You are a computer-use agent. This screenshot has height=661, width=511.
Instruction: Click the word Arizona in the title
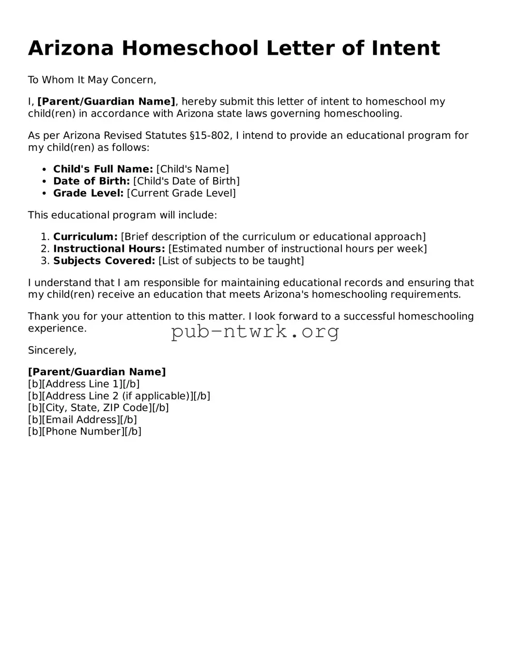click(71, 48)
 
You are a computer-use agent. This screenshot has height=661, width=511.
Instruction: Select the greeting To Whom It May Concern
click(92, 80)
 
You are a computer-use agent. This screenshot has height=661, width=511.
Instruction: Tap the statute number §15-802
click(210, 136)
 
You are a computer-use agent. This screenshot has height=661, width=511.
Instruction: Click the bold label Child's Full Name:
click(103, 169)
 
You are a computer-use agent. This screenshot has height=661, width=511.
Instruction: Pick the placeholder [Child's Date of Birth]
click(186, 181)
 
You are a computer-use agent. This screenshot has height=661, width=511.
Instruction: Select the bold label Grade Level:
click(88, 193)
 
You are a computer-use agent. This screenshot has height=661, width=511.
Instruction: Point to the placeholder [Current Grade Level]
click(181, 193)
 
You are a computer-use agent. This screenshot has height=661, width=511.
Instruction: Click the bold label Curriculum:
click(85, 237)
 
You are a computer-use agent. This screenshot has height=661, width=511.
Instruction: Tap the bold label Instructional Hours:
click(109, 249)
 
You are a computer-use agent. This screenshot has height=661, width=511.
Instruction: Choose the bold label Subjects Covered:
click(104, 261)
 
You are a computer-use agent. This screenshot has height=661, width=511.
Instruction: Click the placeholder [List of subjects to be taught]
click(231, 261)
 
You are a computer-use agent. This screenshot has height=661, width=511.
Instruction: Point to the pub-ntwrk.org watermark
click(255, 332)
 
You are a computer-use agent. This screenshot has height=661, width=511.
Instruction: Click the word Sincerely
click(52, 350)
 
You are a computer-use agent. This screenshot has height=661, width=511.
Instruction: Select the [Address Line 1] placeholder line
click(84, 384)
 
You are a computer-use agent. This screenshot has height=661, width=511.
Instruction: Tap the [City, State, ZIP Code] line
click(98, 408)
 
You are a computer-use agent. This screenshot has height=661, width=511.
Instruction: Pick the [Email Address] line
click(82, 420)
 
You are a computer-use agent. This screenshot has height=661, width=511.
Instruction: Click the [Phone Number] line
click(85, 431)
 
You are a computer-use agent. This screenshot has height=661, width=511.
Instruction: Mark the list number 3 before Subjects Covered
click(45, 261)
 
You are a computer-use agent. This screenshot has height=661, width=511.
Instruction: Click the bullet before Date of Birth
click(44, 181)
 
